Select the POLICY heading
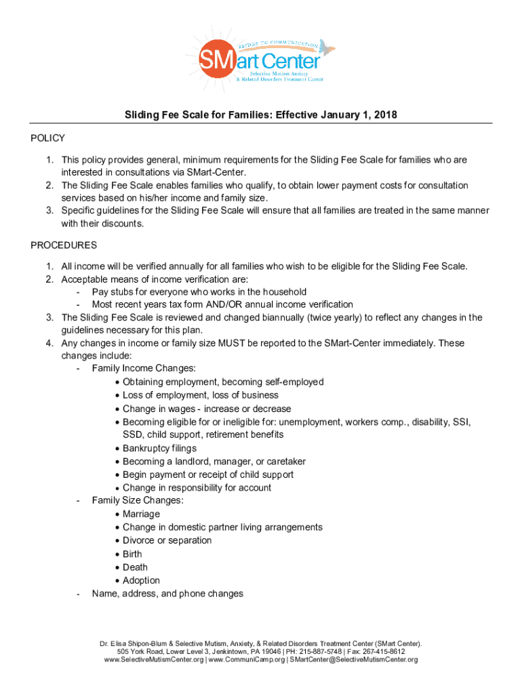tap(47, 138)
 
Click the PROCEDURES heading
tap(64, 245)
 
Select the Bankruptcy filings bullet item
tap(159, 448)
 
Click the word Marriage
tap(141, 514)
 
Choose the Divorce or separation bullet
tap(167, 540)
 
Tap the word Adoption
tap(141, 580)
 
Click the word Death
tap(135, 567)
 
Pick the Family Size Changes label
tap(138, 501)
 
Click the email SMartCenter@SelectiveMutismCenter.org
tap(354, 659)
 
